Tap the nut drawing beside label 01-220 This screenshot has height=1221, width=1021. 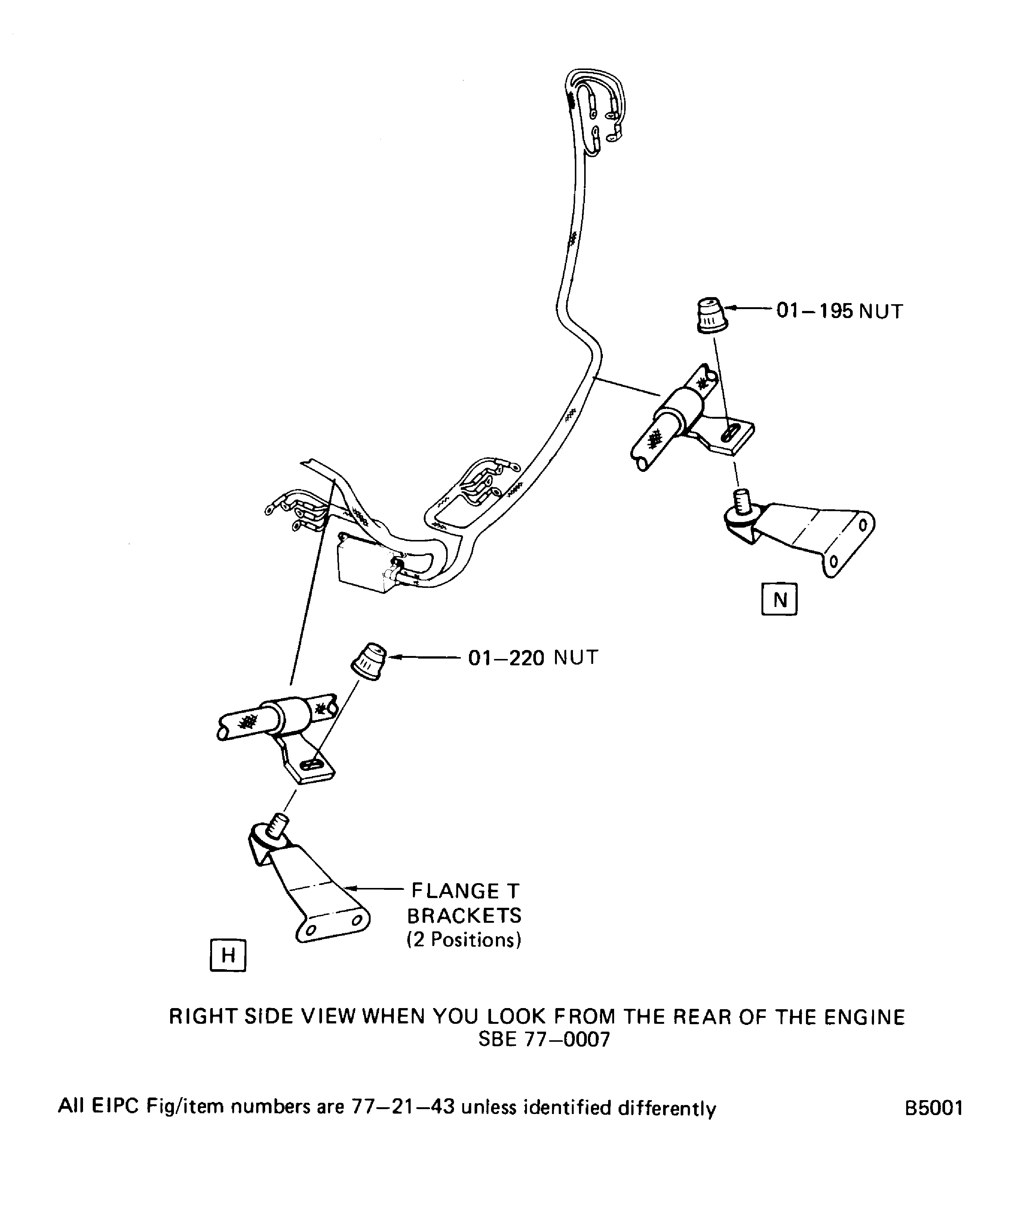(370, 661)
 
